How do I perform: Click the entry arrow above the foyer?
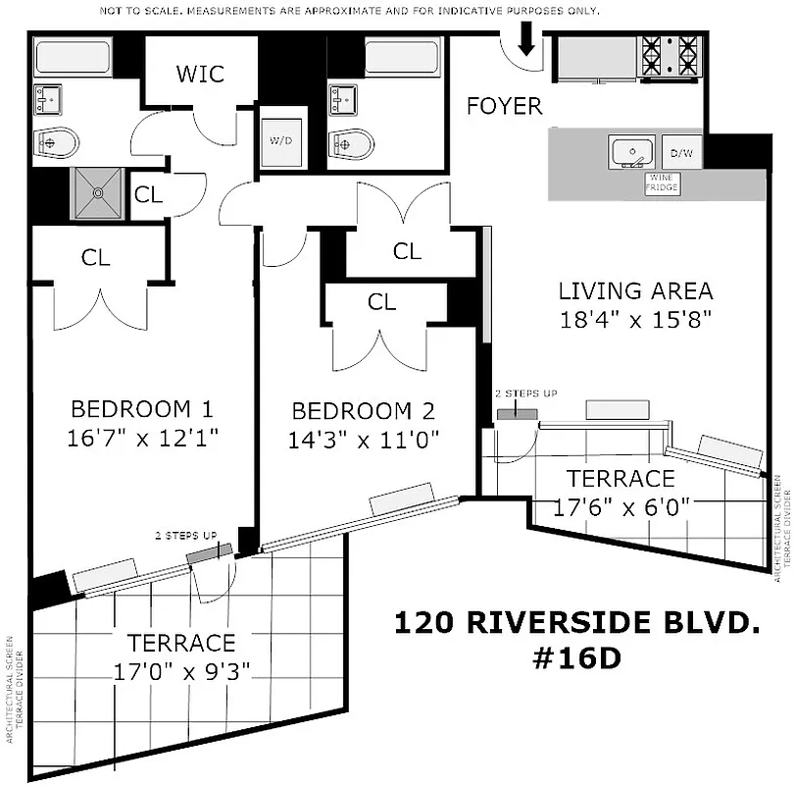click(x=526, y=39)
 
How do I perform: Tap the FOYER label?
click(x=504, y=106)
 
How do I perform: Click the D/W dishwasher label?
click(x=680, y=153)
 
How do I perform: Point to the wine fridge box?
click(x=663, y=183)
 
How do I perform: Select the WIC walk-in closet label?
click(x=200, y=74)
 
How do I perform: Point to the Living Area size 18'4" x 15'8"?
click(x=634, y=319)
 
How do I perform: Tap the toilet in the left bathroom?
click(x=55, y=142)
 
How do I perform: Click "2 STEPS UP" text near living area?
click(x=525, y=393)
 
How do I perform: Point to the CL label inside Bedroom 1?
click(x=96, y=258)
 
